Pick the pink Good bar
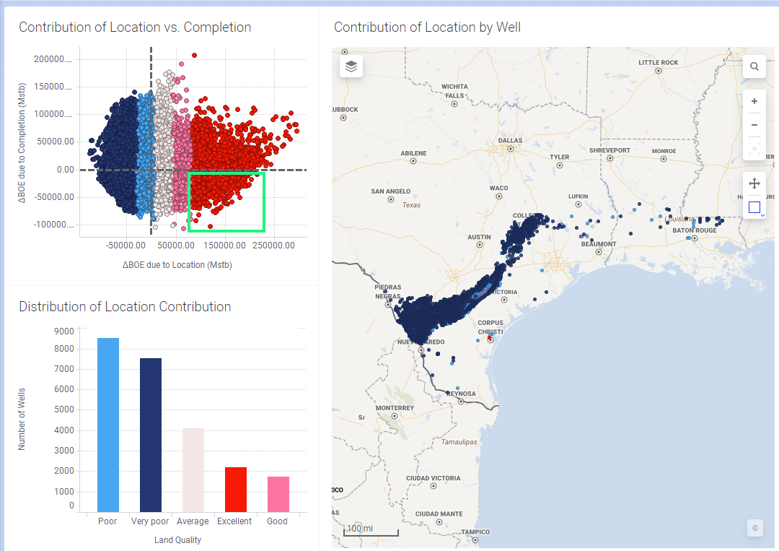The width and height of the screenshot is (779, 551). (278, 494)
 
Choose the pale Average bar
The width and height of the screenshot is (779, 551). (193, 470)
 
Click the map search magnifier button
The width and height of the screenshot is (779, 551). (754, 66)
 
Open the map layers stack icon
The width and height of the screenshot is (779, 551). (351, 66)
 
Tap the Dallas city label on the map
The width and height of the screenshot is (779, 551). (510, 141)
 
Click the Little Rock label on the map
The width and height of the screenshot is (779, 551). (658, 63)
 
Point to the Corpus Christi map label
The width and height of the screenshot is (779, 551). (490, 326)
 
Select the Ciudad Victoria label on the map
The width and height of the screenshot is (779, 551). (433, 478)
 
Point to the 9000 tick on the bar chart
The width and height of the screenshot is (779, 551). (64, 331)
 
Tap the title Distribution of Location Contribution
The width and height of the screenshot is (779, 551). (125, 307)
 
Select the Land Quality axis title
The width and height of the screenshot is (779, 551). (177, 539)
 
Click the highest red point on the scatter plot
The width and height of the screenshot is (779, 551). (194, 56)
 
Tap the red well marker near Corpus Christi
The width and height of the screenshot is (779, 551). (490, 337)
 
